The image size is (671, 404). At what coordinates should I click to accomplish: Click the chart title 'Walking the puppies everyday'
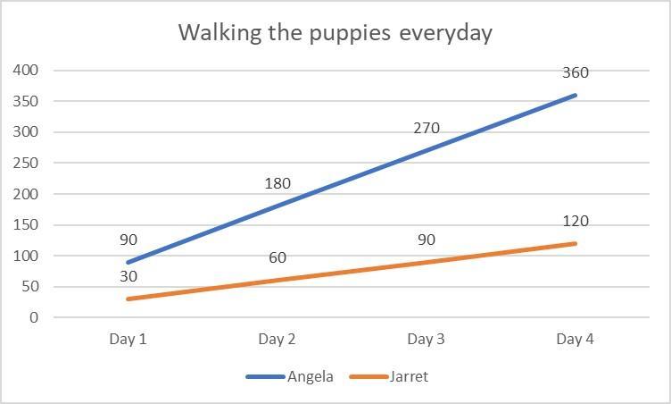point(335,33)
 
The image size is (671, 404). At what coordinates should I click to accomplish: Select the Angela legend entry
point(310,376)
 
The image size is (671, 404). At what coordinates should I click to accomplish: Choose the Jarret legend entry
point(408,376)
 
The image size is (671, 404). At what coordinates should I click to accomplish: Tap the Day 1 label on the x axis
point(128,339)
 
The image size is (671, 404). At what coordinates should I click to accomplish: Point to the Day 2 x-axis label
point(277,339)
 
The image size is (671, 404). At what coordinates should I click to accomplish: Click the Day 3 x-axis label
point(426,339)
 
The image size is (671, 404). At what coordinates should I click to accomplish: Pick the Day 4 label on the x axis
point(575,339)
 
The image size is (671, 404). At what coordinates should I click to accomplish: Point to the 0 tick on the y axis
point(34,318)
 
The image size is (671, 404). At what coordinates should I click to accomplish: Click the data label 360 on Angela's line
point(576,73)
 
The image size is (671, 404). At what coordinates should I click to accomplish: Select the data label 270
point(427,128)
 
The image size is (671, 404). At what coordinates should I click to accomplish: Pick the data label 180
point(278,184)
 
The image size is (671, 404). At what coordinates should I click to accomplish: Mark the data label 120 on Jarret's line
point(576,222)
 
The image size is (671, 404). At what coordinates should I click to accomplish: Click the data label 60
point(278,258)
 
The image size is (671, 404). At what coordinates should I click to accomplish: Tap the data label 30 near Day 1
point(128,277)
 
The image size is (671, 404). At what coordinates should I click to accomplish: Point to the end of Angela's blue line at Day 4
point(575,95)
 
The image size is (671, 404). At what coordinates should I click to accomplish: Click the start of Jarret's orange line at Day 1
point(128,299)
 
